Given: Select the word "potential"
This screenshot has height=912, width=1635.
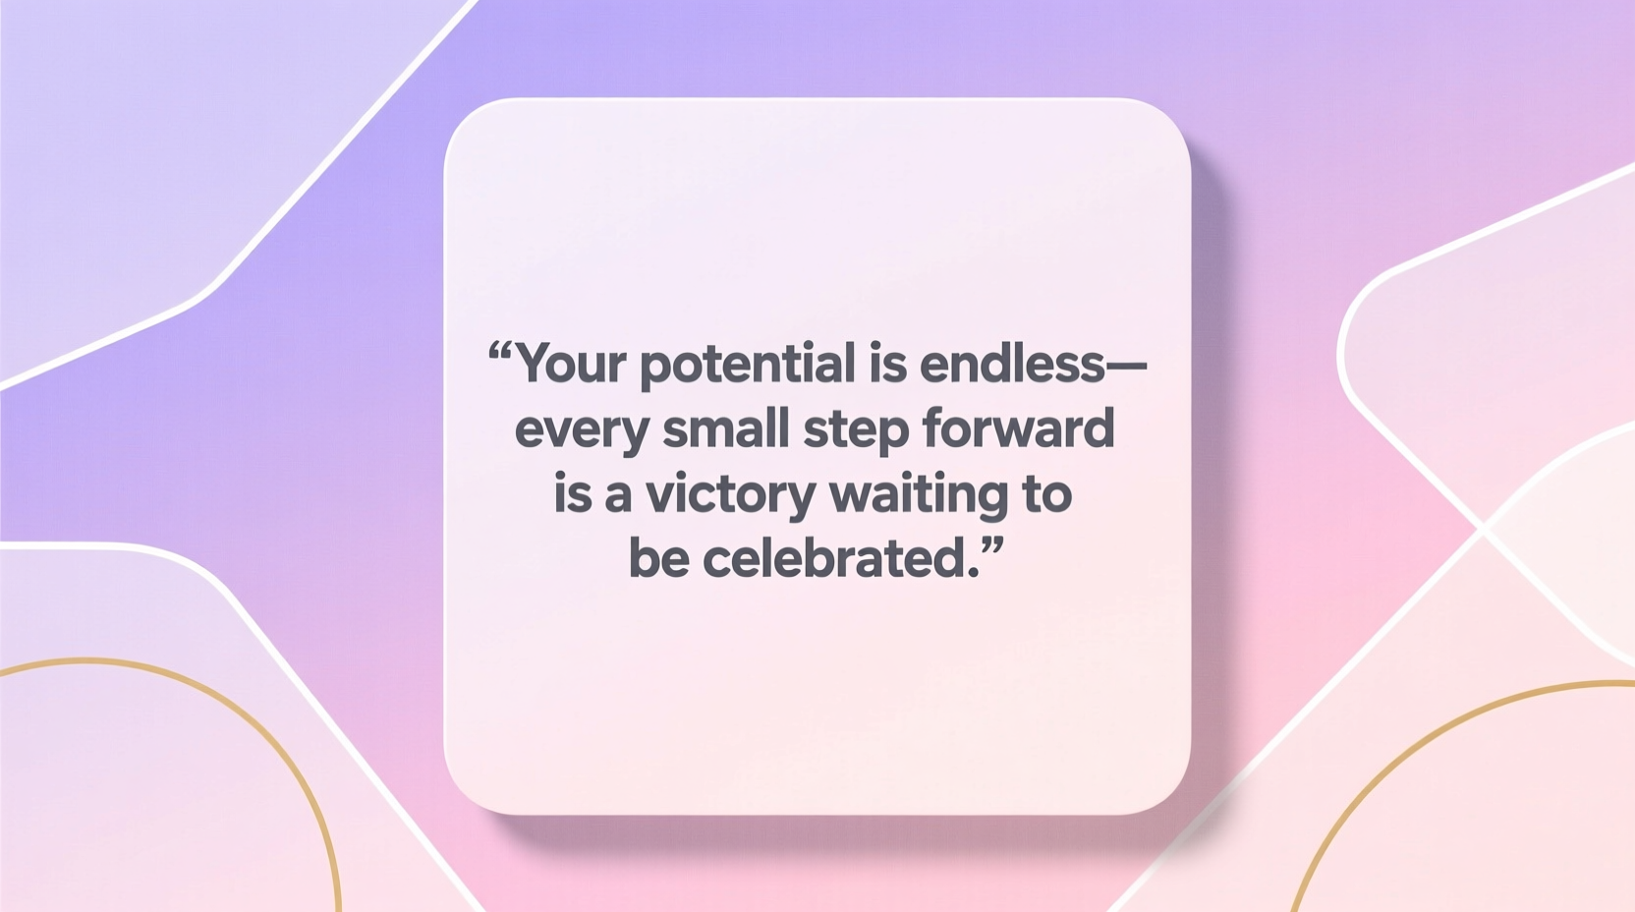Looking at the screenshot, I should tap(748, 366).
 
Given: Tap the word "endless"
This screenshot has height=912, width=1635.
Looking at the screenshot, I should tap(1012, 364).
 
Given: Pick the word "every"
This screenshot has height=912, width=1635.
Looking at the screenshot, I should tap(580, 430).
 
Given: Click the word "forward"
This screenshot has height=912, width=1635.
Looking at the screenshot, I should tap(1018, 428).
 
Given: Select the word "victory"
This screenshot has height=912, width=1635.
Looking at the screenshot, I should tap(730, 495).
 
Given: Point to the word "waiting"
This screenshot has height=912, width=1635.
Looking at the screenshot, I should tap(919, 495).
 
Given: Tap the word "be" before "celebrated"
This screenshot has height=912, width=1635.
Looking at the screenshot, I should tap(658, 558).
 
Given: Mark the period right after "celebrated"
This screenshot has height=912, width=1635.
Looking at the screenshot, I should tap(975, 572).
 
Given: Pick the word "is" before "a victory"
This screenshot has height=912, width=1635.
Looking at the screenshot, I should tap(573, 493).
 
